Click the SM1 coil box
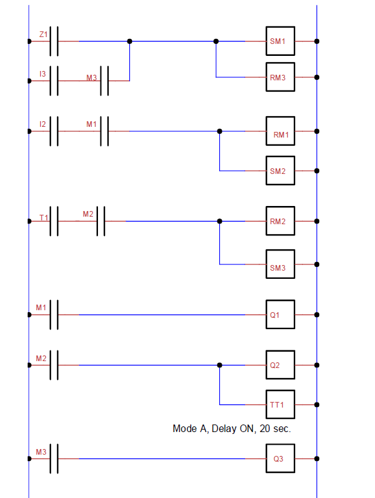click(280, 41)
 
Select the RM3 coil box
click(280, 77)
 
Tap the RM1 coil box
click(280, 132)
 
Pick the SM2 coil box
click(280, 170)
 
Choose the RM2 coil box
click(280, 221)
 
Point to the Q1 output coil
click(280, 315)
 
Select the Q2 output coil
click(280, 365)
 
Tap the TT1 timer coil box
click(280, 404)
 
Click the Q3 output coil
click(280, 459)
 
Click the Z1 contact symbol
click(55, 41)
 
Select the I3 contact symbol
click(55, 80)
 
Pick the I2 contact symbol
click(55, 131)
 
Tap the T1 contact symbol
click(55, 221)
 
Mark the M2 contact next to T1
click(101, 221)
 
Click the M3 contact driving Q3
click(55, 459)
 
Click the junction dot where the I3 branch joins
click(129, 41)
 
